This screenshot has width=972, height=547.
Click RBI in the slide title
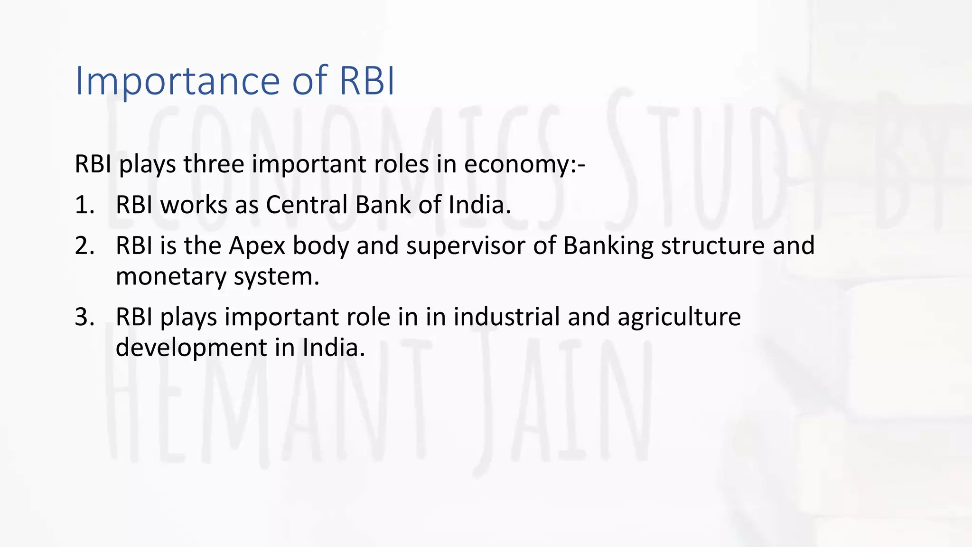(367, 81)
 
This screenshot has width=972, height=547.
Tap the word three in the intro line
(214, 164)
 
